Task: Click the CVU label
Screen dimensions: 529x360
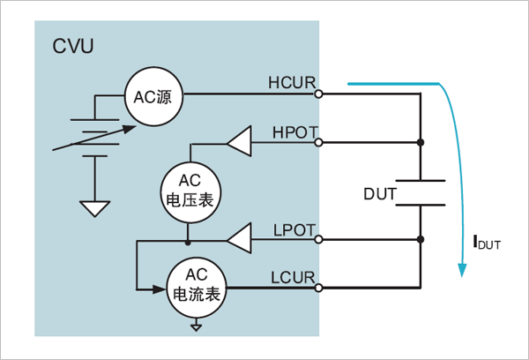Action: [73, 46]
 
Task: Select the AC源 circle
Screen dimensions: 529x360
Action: [153, 96]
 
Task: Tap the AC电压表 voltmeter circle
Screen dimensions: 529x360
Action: [190, 192]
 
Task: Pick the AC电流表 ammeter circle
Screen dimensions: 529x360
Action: [197, 288]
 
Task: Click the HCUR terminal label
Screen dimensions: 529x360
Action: [292, 83]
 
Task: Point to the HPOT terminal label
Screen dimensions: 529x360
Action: [295, 132]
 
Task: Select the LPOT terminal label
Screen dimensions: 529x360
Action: [294, 230]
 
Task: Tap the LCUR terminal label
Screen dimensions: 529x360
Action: [293, 278]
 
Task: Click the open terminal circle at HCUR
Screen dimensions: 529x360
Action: [318, 94]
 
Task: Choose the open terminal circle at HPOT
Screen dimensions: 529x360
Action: [318, 143]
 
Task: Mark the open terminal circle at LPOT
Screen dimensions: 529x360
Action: [318, 239]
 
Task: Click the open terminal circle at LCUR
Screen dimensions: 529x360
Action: [318, 288]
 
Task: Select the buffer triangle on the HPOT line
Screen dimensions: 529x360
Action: [240, 142]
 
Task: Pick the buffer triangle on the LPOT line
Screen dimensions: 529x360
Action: [240, 238]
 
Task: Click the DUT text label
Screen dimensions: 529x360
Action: [379, 194]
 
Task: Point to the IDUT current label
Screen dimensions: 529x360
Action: [487, 243]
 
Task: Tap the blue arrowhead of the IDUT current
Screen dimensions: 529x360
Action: [462, 270]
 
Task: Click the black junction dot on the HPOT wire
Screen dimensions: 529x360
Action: [421, 143]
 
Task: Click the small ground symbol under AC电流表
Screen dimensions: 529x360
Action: [196, 326]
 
